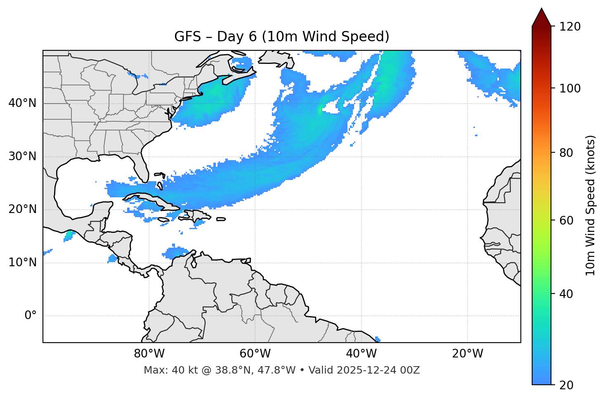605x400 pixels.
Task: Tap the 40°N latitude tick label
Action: [x=22, y=103]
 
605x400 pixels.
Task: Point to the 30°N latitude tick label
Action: [x=22, y=156]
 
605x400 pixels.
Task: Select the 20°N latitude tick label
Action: [x=22, y=209]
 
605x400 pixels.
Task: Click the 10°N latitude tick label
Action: [x=22, y=263]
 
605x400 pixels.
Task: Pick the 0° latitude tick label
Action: [x=31, y=316]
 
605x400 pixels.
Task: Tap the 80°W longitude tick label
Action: [x=149, y=354]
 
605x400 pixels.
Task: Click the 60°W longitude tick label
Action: [x=255, y=354]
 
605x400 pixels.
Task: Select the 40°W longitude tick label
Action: [x=361, y=354]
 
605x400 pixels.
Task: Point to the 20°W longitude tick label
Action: [x=467, y=354]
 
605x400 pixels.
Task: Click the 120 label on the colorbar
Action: [x=570, y=27]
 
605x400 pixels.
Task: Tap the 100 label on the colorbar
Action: [x=570, y=88]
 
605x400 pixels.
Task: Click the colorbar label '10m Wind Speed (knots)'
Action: [x=591, y=205]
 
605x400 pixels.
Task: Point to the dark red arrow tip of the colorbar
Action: [x=541, y=16]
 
